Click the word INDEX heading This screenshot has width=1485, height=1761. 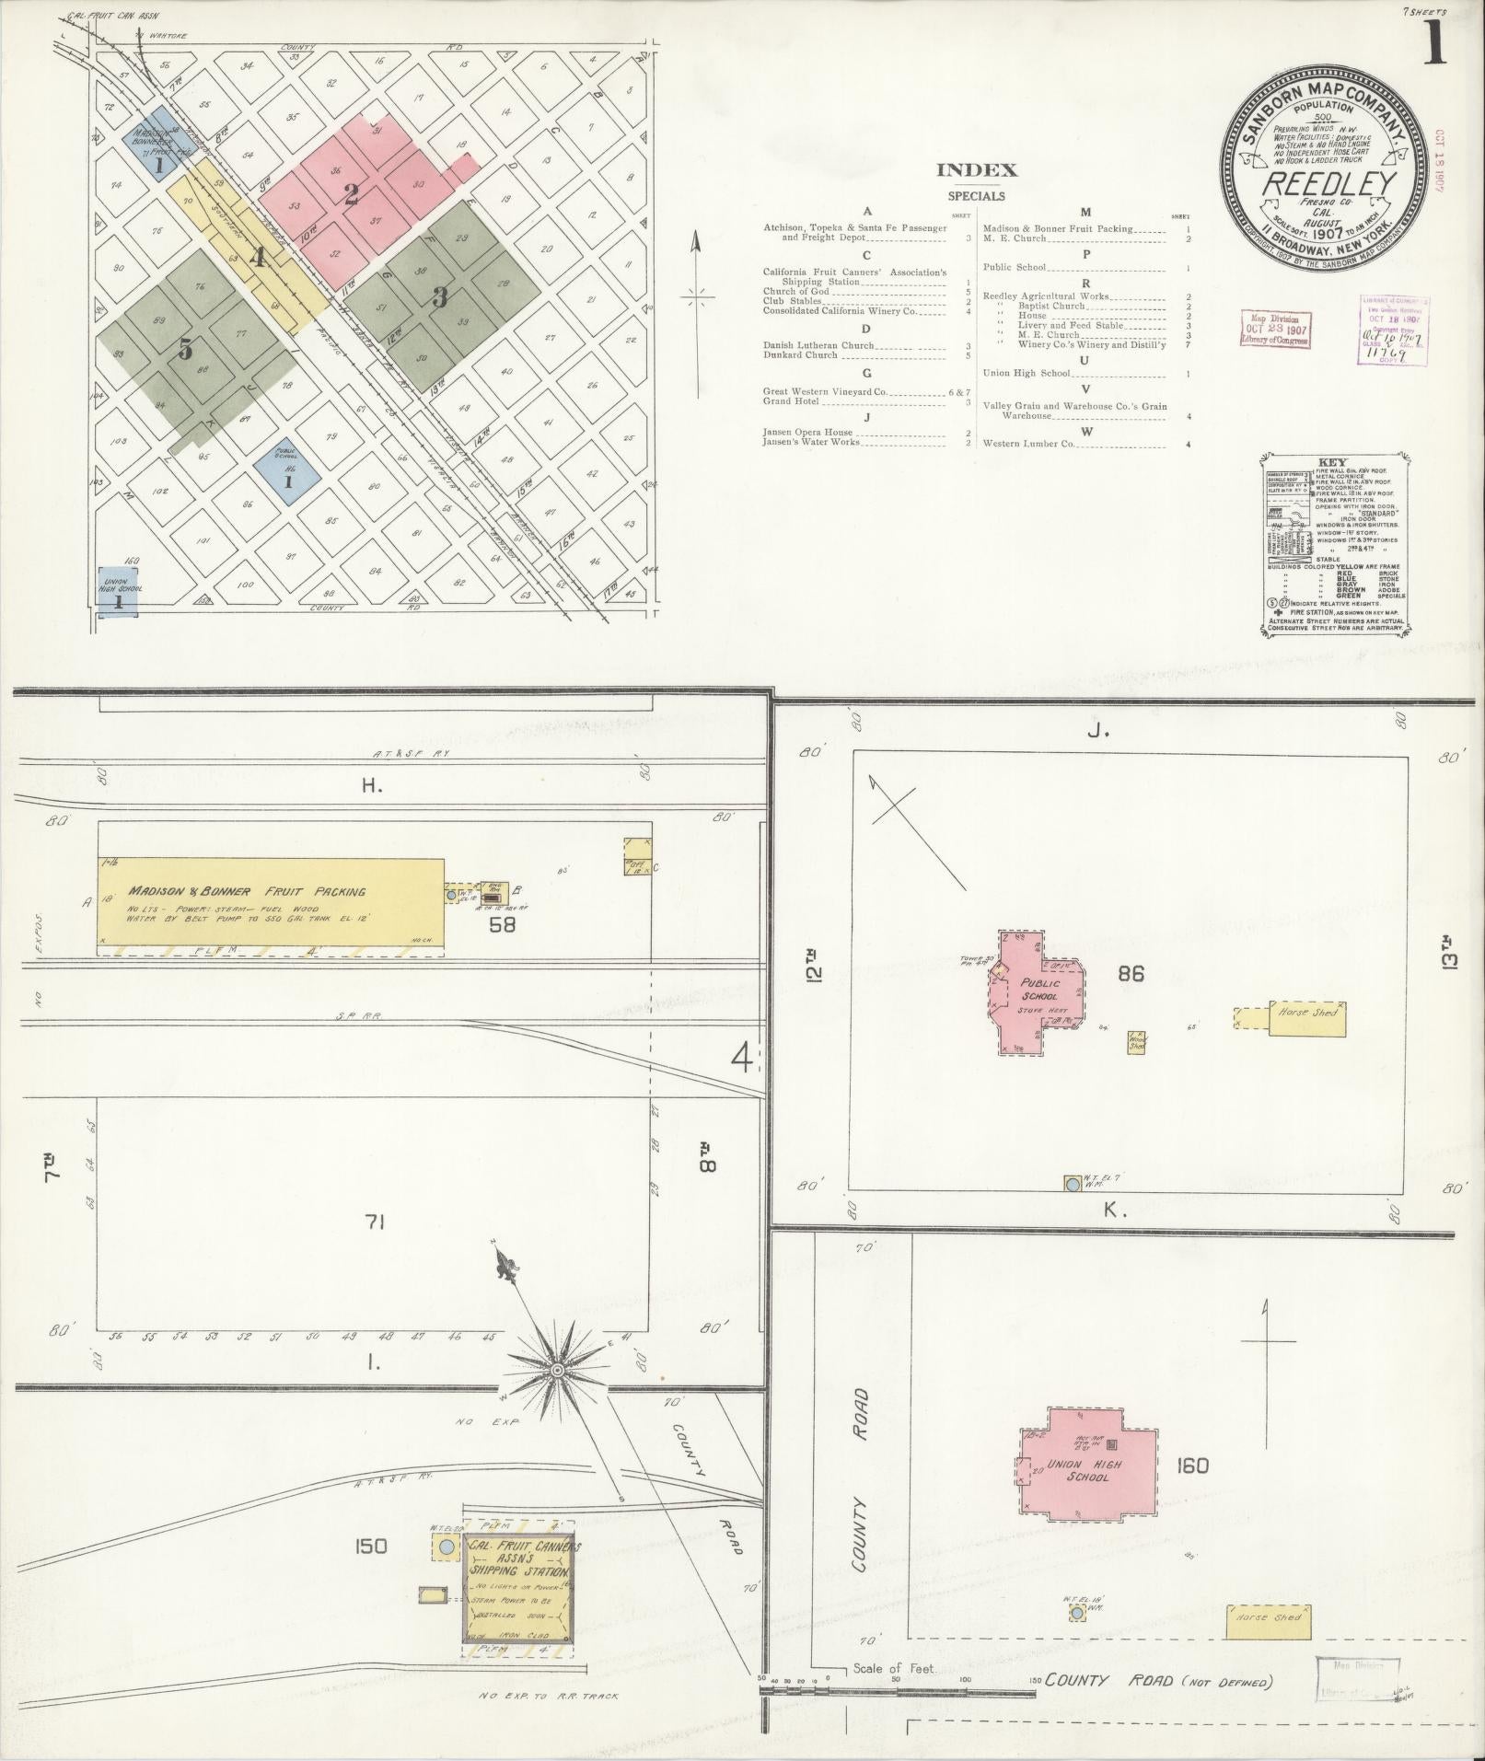(977, 169)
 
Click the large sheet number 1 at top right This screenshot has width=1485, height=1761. (1433, 45)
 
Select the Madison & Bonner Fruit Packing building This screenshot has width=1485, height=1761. (271, 903)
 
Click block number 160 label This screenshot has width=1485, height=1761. (1191, 1465)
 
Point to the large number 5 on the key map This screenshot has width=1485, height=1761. (186, 349)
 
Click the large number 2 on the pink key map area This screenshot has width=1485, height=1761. (351, 194)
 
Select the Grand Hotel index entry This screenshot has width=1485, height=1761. (791, 401)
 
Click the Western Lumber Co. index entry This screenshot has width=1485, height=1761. (1028, 444)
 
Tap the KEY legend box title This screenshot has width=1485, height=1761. (1332, 463)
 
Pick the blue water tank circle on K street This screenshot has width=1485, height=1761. (1072, 1184)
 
